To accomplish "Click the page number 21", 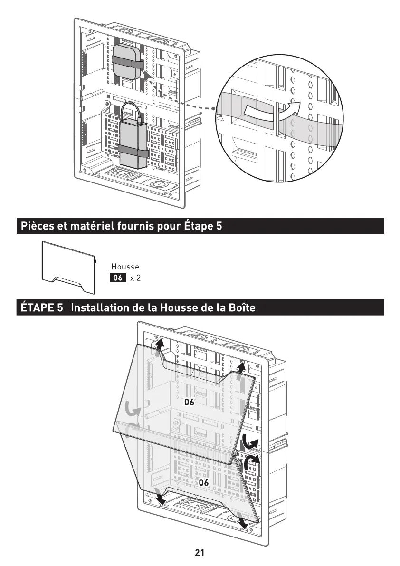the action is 200,553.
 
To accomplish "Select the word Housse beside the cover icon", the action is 125,267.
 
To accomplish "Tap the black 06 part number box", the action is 118,278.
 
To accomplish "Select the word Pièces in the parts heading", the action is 36,226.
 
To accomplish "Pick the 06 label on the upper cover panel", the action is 190,402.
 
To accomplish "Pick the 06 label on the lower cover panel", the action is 204,482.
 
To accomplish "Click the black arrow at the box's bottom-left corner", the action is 161,499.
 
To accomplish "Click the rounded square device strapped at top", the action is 127,62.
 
